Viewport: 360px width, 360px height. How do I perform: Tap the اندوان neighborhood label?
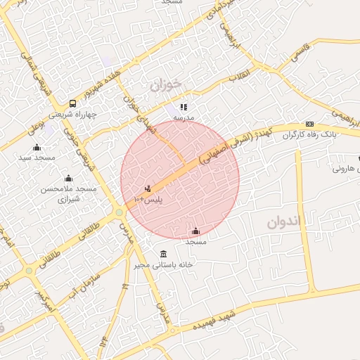coord(283,223)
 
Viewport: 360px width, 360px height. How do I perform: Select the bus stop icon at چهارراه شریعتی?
coord(73,103)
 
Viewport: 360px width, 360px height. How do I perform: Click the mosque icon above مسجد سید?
coord(37,147)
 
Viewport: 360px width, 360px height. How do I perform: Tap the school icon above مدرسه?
coord(184,108)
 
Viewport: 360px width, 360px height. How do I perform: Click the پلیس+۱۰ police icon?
coord(148,189)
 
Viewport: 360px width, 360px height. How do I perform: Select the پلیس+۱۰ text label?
coord(148,200)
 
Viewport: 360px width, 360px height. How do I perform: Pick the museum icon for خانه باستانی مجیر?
coord(164,254)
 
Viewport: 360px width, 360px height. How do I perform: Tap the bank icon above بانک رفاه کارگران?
coord(309,124)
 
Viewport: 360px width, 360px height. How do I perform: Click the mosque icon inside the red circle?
coord(195,231)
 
